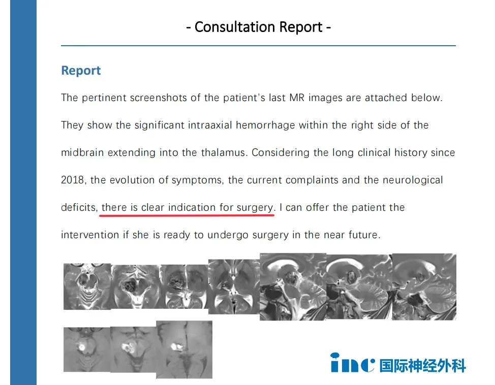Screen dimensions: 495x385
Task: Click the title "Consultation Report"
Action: click(258, 27)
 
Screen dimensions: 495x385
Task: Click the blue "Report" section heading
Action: click(81, 71)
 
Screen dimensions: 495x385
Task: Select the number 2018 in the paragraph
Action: click(73, 180)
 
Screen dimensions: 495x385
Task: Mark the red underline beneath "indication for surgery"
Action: click(187, 215)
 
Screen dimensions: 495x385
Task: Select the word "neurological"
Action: click(413, 180)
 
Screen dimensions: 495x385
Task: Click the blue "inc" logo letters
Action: click(353, 363)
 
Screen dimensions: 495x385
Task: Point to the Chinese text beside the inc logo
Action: click(423, 366)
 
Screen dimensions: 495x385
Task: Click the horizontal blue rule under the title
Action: click(258, 46)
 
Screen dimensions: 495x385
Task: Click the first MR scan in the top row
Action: click(87, 286)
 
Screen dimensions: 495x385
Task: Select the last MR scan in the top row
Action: click(424, 287)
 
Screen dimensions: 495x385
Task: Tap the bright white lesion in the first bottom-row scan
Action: click(82, 347)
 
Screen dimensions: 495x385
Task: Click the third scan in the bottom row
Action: click(184, 349)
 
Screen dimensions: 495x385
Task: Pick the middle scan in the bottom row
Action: click(133, 349)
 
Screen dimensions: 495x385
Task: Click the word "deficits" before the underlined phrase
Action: click(79, 208)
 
